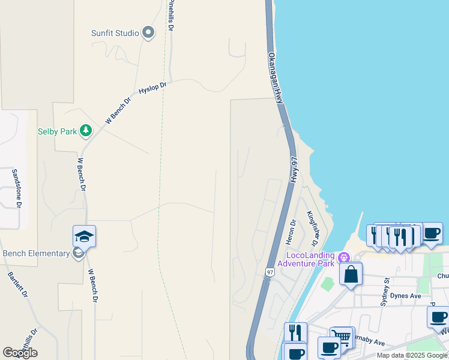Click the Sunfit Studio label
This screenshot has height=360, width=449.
pyautogui.click(x=115, y=33)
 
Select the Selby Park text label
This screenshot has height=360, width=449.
pyautogui.click(x=58, y=131)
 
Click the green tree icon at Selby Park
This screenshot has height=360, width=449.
pyautogui.click(x=86, y=130)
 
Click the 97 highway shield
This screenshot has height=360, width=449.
pyautogui.click(x=270, y=272)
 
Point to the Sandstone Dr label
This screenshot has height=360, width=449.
pyautogui.click(x=16, y=188)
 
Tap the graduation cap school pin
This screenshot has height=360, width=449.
pyautogui.click(x=85, y=236)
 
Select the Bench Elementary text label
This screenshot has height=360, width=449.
pyautogui.click(x=36, y=253)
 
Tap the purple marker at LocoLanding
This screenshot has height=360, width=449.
pyautogui.click(x=344, y=258)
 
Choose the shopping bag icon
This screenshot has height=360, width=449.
pyautogui.click(x=351, y=274)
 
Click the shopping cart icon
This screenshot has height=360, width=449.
pyautogui.click(x=342, y=337)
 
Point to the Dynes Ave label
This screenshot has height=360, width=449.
pyautogui.click(x=405, y=296)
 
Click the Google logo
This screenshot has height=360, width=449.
pyautogui.click(x=20, y=352)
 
